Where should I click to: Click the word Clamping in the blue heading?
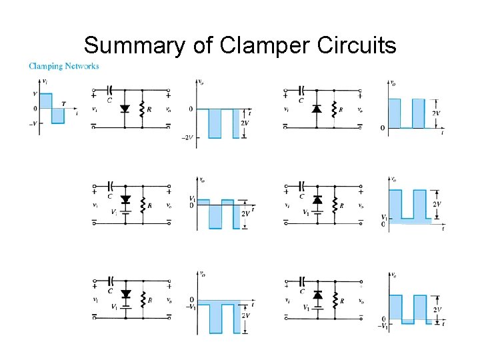(x=45, y=66)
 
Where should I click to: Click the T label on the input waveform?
(x=63, y=103)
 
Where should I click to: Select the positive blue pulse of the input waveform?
(x=45, y=101)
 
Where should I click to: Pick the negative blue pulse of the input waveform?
(x=58, y=116)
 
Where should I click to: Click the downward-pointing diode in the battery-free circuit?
(x=124, y=109)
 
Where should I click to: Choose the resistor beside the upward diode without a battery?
(x=334, y=109)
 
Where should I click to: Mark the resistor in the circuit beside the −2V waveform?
(x=141, y=109)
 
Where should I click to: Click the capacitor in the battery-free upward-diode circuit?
(x=302, y=89)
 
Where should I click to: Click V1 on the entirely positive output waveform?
(x=383, y=217)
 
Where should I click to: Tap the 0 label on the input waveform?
(x=35, y=109)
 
